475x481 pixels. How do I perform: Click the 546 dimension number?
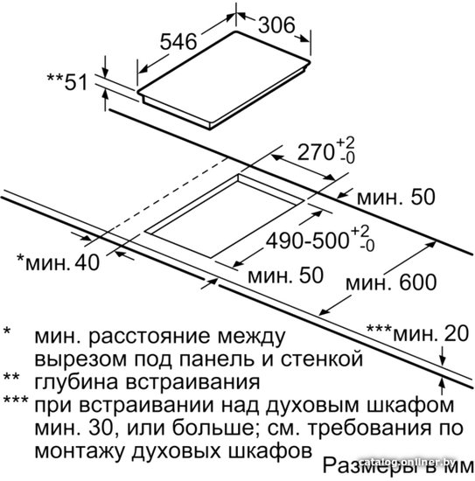(x=178, y=41)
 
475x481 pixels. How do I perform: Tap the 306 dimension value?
(x=276, y=25)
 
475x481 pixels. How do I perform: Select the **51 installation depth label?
(x=66, y=81)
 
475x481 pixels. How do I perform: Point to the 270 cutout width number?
(x=316, y=152)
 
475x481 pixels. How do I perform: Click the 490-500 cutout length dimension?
(x=307, y=240)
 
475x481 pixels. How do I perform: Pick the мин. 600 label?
(x=391, y=282)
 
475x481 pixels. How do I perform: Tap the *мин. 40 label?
(x=58, y=262)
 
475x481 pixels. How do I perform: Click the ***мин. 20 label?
(x=417, y=333)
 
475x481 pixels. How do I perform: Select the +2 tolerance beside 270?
(x=346, y=143)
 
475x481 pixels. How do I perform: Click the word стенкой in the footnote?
(x=322, y=359)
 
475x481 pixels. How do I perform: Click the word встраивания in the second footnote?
(x=193, y=382)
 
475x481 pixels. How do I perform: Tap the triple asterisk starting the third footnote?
(x=16, y=401)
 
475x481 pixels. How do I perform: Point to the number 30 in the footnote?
(x=101, y=429)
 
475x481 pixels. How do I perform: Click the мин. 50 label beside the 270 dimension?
(x=395, y=197)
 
